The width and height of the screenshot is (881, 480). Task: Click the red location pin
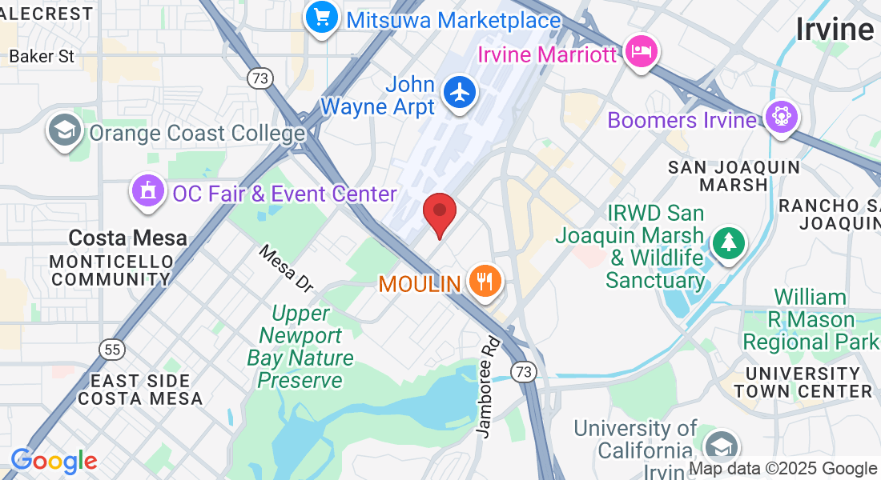pos(439,213)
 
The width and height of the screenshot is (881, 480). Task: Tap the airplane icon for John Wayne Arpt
pos(459,92)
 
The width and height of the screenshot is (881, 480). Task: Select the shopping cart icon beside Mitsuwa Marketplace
pos(321,17)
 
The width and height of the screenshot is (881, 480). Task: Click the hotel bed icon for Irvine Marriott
pos(642,52)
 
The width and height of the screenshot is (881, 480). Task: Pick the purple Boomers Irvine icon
pos(780,118)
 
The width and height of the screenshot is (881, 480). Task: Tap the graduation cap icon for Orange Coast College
pos(63,130)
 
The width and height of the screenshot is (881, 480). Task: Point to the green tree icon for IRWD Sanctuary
pos(728,242)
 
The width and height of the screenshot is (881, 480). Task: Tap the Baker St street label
pos(42,56)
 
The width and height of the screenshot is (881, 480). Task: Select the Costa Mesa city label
pos(127,238)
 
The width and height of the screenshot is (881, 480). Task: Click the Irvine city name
pos(834,30)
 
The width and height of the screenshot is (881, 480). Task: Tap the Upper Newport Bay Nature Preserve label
pos(300,346)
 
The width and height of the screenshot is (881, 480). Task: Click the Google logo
pos(53,461)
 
